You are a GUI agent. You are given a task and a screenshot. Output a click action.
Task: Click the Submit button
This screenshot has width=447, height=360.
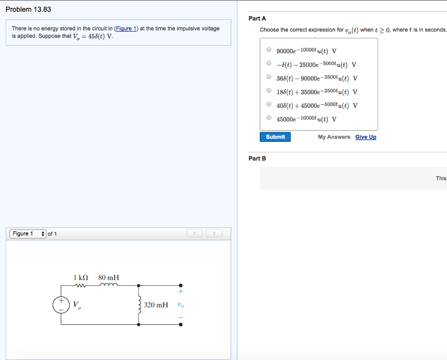coord(275,137)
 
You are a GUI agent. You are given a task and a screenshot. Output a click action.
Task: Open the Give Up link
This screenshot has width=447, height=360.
coord(365,137)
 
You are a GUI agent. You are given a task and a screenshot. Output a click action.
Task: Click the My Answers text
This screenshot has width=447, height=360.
coord(334,137)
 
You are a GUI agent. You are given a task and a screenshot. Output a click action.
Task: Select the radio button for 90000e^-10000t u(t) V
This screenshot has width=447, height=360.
coord(269,50)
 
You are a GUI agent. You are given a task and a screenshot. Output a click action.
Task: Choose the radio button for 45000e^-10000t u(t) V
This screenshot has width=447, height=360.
coord(269,118)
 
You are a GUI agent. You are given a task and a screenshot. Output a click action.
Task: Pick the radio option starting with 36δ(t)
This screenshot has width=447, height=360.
coord(269,77)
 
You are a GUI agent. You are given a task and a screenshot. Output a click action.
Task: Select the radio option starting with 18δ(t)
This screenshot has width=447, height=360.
coord(269,91)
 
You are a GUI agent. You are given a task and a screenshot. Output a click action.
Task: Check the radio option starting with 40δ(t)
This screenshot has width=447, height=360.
coord(269,105)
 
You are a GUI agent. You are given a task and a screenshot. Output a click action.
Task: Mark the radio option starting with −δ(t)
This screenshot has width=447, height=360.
coord(269,63)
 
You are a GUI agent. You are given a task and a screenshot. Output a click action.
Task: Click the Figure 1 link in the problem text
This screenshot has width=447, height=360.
coord(126,29)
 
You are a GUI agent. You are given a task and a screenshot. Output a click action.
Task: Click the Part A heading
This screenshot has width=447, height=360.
coord(257,18)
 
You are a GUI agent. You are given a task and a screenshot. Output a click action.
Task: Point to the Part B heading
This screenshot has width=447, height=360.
coord(257,158)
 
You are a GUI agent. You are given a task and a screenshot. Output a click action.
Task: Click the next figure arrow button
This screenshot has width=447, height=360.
coord(214,234)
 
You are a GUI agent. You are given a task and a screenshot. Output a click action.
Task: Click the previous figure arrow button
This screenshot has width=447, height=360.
coord(195,234)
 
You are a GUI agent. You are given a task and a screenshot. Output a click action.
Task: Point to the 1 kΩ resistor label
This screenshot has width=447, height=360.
coord(81,278)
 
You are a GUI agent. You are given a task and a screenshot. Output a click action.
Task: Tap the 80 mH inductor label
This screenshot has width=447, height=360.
coord(109,278)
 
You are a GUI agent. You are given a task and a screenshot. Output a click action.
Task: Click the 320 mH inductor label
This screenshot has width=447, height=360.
coord(156,305)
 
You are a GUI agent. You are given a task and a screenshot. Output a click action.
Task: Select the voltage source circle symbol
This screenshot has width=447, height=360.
coord(61,305)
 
